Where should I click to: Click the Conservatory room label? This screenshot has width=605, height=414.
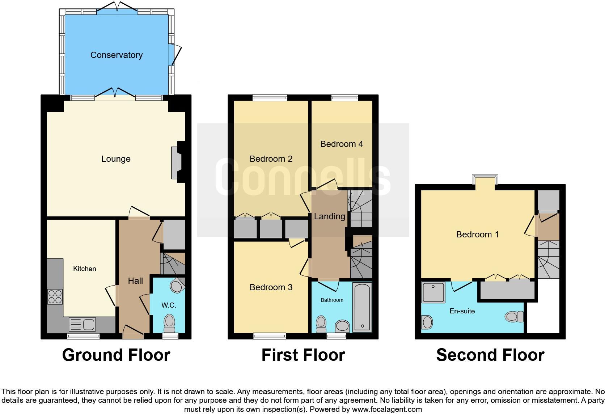(x=116, y=55)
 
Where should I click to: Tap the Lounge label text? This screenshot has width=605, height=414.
(x=116, y=159)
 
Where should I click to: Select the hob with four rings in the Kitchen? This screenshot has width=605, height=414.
(x=55, y=297)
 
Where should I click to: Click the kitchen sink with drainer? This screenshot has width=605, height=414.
(x=82, y=324)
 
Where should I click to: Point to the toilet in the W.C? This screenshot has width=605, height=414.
(x=169, y=323)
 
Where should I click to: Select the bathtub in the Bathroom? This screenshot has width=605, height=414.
(x=362, y=307)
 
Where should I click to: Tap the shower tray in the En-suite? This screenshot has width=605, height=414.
(x=433, y=292)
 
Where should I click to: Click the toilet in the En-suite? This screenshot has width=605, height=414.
(x=515, y=317)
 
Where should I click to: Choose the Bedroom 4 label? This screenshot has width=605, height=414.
(x=342, y=144)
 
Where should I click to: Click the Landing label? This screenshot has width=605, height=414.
(x=329, y=216)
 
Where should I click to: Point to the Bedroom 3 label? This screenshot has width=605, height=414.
(x=271, y=287)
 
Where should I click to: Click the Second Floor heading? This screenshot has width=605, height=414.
(x=490, y=355)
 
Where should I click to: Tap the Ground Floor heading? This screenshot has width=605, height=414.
(x=116, y=355)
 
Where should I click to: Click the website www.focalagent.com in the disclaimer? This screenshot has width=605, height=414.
(x=387, y=409)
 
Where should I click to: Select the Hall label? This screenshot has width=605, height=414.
(x=135, y=281)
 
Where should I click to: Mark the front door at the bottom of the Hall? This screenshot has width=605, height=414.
(x=133, y=332)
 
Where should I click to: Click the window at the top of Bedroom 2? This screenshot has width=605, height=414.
(x=270, y=97)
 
